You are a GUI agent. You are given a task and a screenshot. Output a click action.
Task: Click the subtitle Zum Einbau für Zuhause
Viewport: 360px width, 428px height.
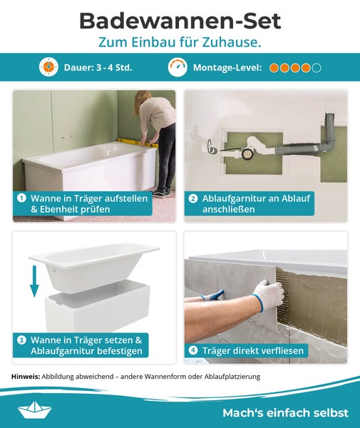point(180,42)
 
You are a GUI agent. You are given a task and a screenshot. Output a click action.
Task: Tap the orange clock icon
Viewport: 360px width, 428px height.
point(48,67)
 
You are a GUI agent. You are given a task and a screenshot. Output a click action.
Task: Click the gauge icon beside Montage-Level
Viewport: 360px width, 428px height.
point(178,67)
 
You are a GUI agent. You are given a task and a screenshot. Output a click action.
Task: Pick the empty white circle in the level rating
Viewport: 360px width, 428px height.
point(317,68)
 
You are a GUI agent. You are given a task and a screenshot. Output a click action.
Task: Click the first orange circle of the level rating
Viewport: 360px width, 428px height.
point(274,68)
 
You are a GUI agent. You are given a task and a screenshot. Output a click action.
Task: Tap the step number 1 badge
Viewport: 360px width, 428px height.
point(22,198)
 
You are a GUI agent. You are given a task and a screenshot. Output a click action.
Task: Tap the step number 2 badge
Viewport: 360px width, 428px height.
point(193,198)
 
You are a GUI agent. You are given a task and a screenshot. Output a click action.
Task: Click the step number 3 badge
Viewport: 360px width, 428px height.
point(22,340)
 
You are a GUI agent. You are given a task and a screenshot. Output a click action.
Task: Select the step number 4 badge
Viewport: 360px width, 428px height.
point(193,350)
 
